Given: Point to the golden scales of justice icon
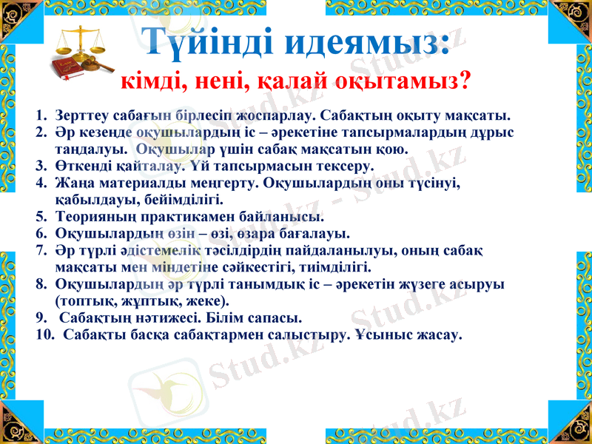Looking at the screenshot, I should click(79, 42).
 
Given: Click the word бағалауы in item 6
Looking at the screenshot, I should click(283, 234).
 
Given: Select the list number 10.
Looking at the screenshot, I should click(43, 334).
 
